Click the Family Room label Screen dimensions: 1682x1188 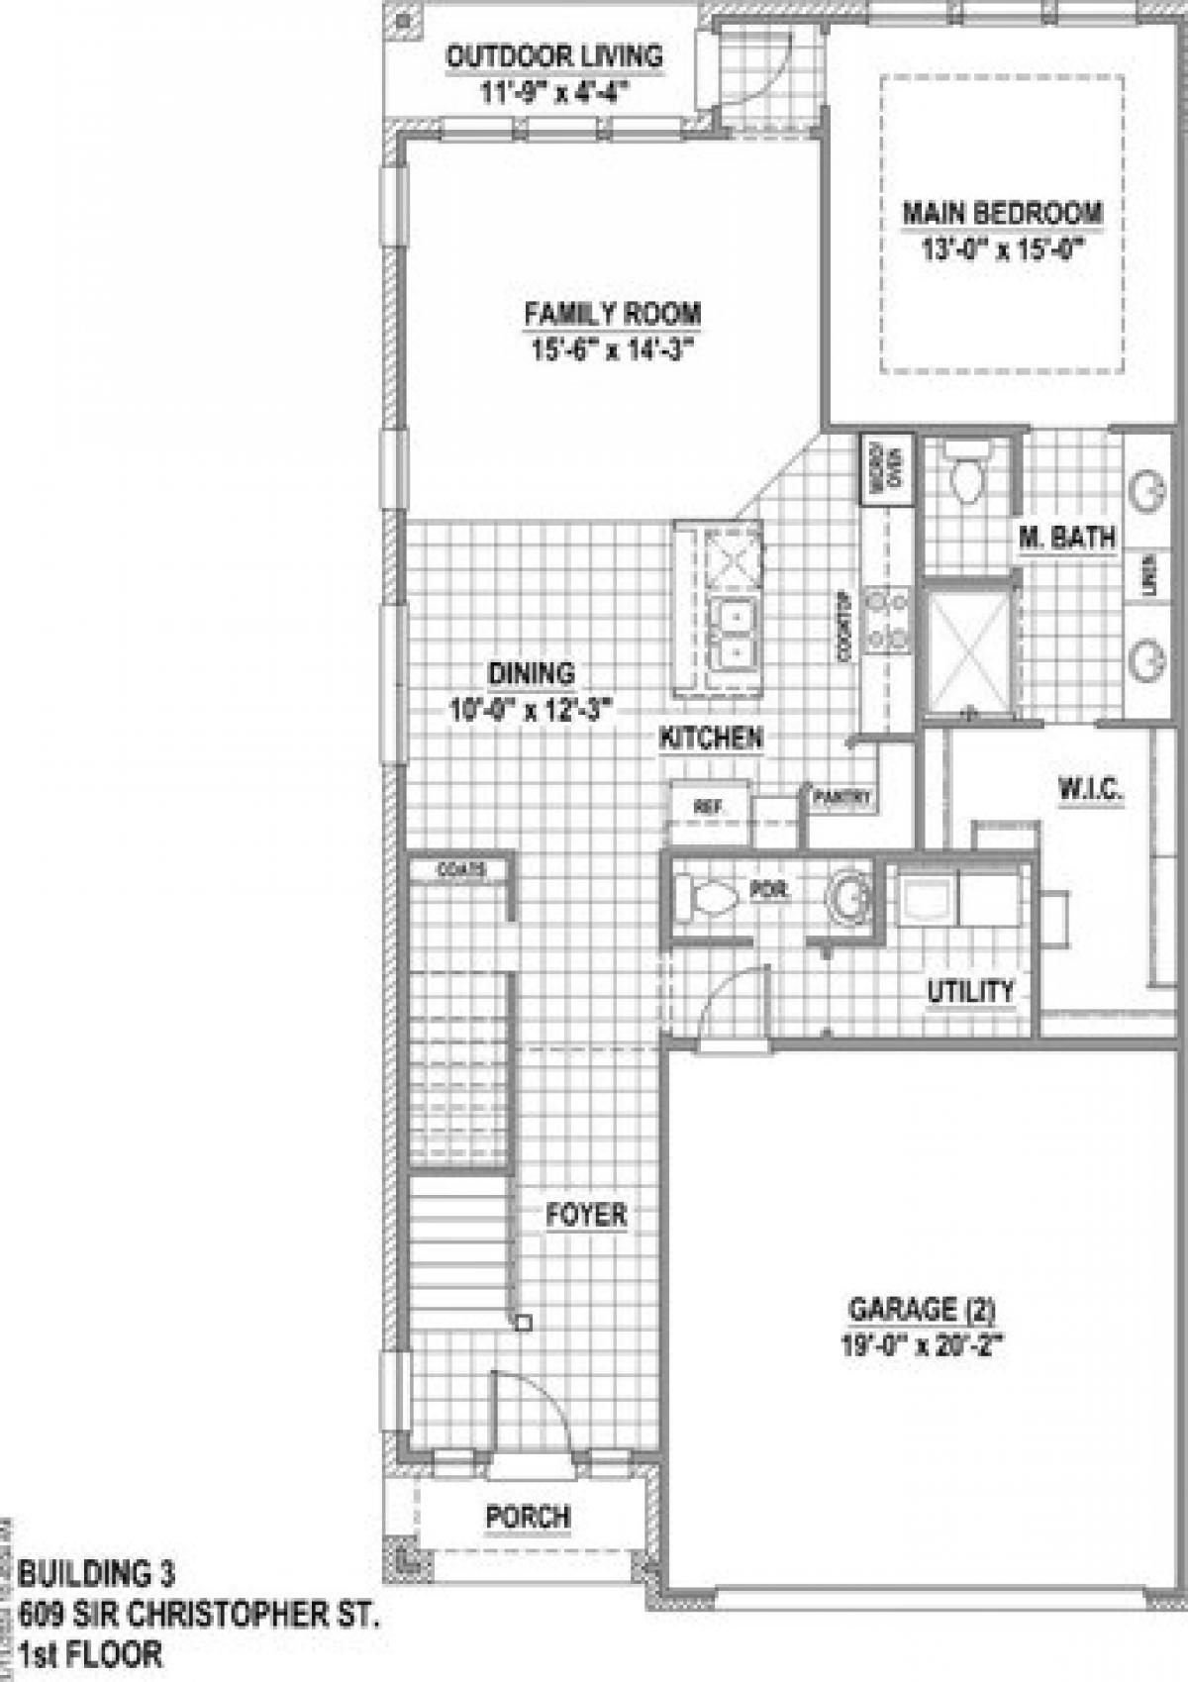[x=612, y=314]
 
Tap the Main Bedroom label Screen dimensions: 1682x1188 [x=1001, y=213]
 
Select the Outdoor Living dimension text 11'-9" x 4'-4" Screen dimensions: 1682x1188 [x=554, y=92]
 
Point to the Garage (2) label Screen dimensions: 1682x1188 [x=921, y=1310]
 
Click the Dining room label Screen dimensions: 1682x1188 [x=532, y=674]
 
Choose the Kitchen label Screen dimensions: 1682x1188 [x=711, y=738]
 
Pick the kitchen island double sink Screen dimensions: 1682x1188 [x=734, y=635]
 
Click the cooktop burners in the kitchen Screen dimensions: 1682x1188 [x=887, y=621]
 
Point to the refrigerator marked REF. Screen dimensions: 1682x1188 [x=707, y=807]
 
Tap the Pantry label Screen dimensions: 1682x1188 [x=842, y=797]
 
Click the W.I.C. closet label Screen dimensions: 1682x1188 [x=1090, y=789]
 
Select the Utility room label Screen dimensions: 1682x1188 [x=970, y=991]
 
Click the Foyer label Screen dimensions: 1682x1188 [x=586, y=1215]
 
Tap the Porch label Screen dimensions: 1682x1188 [x=528, y=1517]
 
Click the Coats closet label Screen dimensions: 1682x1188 [x=461, y=870]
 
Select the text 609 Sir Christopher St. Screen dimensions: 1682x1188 [x=198, y=1617]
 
